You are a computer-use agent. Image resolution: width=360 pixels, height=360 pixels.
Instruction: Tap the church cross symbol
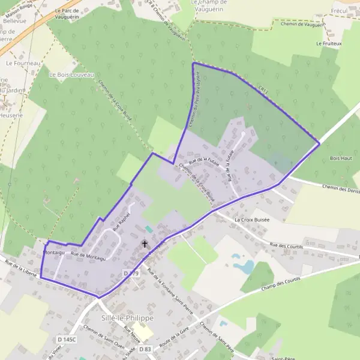tap(145, 244)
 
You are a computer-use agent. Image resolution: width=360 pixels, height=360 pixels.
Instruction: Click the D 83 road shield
tap(145, 349)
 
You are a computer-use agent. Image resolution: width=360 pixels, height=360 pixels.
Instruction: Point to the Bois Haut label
tap(341, 158)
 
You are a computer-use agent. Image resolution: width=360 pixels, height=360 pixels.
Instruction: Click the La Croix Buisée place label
tap(252, 220)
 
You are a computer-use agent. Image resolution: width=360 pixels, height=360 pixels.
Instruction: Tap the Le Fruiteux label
tap(329, 44)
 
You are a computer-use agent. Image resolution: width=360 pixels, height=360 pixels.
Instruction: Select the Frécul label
tap(340, 11)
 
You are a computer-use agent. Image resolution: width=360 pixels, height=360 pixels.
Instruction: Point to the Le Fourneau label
tap(23, 62)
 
